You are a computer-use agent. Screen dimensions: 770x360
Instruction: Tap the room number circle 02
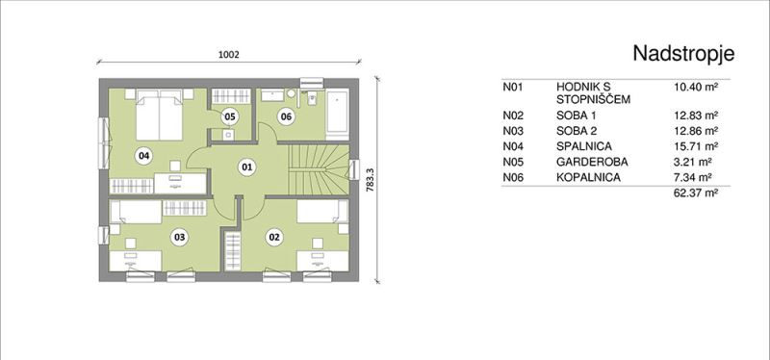(274, 238)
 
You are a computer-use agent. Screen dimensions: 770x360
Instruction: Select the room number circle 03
(180, 238)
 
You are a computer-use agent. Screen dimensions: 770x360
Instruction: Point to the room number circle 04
(143, 156)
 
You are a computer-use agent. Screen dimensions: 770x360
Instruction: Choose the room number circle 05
(229, 116)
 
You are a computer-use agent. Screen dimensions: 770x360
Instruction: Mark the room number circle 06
(285, 116)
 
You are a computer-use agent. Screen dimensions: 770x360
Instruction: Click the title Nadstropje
(683, 54)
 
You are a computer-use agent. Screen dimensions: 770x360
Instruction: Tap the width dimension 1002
(228, 55)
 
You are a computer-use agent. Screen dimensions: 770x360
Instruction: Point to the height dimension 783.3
(371, 180)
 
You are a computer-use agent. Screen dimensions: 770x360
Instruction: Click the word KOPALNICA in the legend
(588, 177)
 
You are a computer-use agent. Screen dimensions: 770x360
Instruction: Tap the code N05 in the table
(513, 162)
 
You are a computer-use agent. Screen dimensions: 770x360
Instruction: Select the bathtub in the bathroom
(338, 112)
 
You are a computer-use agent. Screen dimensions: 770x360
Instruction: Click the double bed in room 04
(159, 115)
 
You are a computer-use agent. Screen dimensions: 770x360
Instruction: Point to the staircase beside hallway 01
(319, 169)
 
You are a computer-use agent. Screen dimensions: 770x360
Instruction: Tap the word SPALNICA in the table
(584, 146)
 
